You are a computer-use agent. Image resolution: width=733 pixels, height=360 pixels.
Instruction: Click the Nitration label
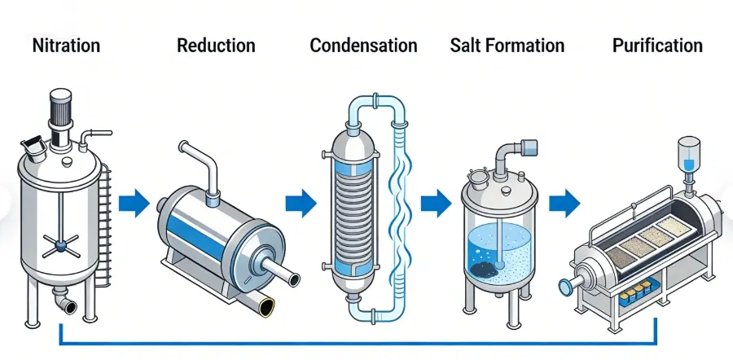click(66, 46)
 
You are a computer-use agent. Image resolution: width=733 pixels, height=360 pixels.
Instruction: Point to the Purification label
click(657, 46)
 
